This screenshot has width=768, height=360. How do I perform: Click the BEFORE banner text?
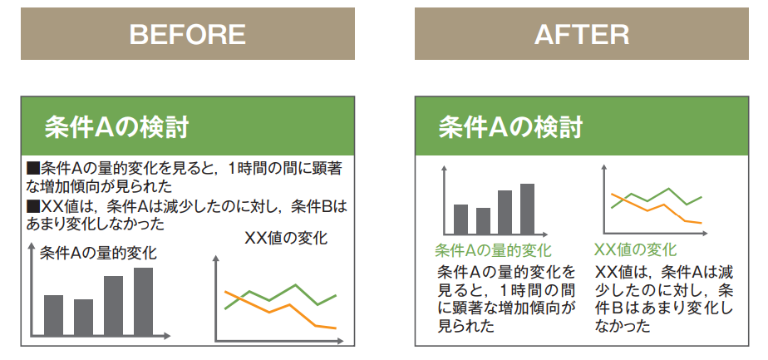pos(187,34)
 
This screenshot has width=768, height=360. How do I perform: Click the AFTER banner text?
pos(582,34)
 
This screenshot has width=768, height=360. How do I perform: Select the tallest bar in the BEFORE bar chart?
pos(143,301)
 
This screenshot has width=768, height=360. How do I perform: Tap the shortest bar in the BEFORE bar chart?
pos(83,318)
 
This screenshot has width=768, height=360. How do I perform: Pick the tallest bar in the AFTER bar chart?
pos(527,210)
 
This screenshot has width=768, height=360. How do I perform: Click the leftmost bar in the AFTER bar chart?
pos(461,219)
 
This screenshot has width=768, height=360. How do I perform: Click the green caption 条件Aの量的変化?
pos(493,250)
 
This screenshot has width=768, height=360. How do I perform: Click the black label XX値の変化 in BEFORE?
pos(286,238)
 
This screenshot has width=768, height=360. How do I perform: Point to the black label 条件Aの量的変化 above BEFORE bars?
pos(98,253)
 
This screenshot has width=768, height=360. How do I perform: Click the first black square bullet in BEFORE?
pos(32,169)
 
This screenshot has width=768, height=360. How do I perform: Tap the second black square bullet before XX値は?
pos(32,206)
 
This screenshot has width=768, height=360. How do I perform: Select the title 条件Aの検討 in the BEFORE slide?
pos(116,128)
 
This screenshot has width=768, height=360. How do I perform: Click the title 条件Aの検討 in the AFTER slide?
pos(510,128)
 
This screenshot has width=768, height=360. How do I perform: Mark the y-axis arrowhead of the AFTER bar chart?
pos(444,168)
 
